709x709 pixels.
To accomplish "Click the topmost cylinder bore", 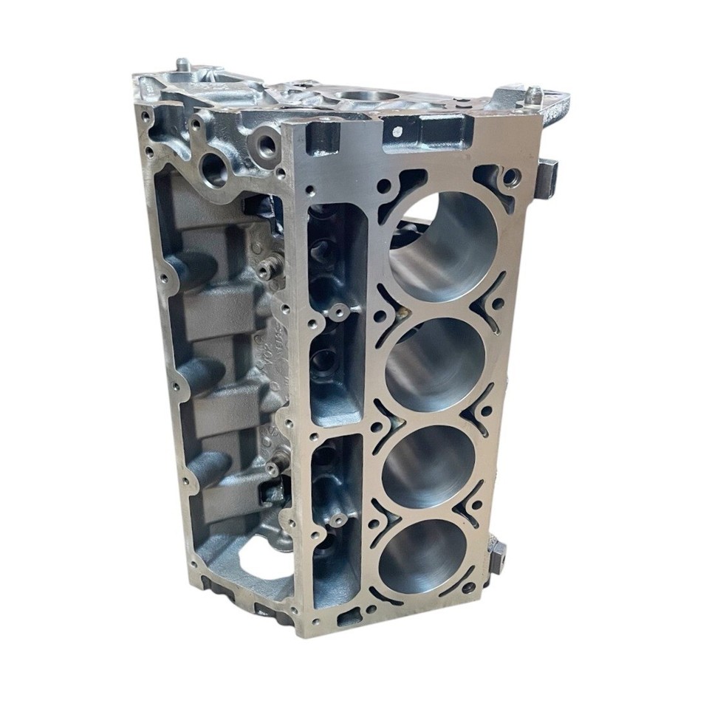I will (441, 244).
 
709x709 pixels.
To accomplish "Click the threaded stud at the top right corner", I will (533, 95).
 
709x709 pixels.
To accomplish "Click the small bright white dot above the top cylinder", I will (397, 131).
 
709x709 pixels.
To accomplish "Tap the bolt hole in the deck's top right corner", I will (510, 176).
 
